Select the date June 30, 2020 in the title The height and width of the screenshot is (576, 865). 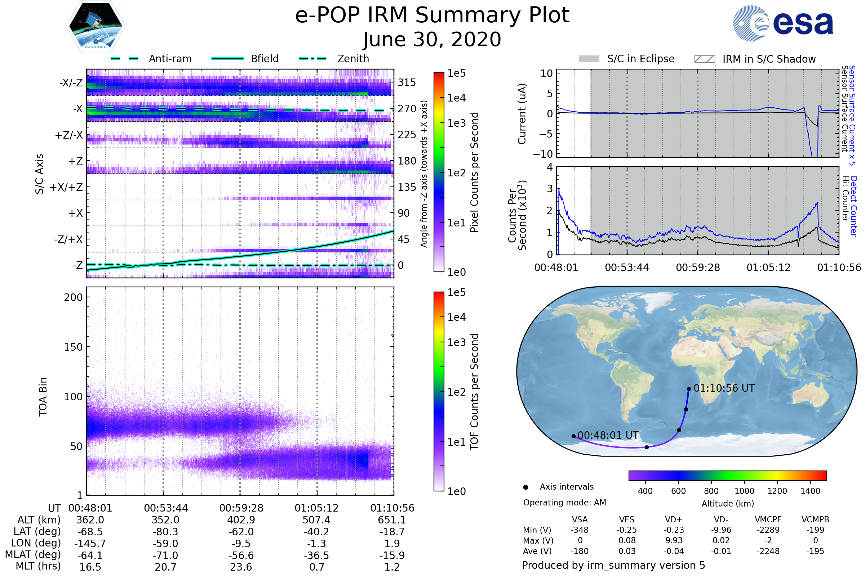pos(432,40)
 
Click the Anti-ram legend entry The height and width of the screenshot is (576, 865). pos(170,59)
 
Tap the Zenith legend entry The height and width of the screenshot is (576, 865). pos(353,59)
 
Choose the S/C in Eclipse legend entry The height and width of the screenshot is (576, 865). pos(640,59)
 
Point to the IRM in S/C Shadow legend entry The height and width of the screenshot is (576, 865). pos(769,59)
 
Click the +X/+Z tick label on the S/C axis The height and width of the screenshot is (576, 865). pos(66,187)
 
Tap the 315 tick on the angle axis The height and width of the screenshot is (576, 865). pos(407,82)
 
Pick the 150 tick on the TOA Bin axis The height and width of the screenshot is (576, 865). pos(73,347)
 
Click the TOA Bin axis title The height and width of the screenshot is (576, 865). pos(43,397)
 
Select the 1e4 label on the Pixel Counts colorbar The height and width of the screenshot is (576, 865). pos(456,98)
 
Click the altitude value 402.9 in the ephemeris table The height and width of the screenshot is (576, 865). pos(241,520)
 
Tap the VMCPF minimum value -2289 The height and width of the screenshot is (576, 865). pos(768,530)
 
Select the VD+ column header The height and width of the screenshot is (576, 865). pos(674,520)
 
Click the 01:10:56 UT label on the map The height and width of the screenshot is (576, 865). pos(724,388)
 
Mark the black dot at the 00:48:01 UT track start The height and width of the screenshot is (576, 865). pos(573,436)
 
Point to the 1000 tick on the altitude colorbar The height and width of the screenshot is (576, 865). pos(744,491)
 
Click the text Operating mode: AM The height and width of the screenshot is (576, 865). pos(564,503)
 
